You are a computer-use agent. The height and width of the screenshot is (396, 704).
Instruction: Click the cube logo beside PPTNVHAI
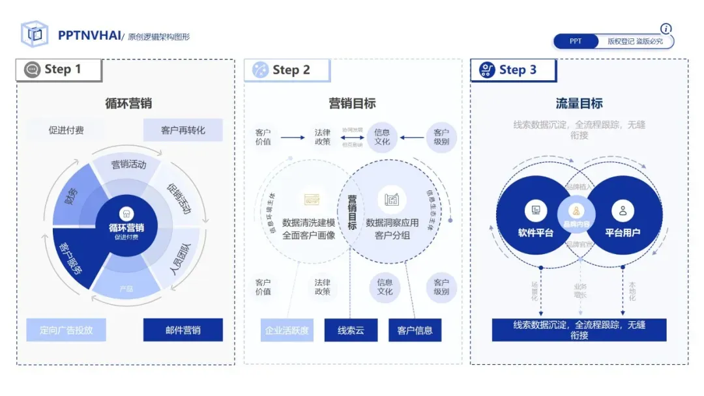point(35,35)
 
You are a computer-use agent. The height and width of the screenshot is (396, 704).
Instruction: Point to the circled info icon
point(666,29)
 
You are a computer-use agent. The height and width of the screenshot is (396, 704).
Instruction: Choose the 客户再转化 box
point(183,130)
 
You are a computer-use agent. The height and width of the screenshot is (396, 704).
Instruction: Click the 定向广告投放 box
point(66,330)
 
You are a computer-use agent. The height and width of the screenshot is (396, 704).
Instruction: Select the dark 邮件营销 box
point(183,330)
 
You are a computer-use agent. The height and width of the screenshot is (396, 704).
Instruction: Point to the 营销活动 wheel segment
point(128,165)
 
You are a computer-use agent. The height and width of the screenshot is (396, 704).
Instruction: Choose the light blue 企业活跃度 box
point(287,330)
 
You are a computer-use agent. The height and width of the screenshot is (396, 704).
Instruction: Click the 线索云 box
point(351,330)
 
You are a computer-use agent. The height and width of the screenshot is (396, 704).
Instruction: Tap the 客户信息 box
point(415,330)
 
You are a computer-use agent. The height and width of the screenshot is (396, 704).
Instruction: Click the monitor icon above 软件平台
point(536,210)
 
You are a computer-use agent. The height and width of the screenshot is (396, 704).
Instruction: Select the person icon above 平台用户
point(623,210)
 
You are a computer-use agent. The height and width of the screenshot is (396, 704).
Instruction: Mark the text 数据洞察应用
point(392,223)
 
